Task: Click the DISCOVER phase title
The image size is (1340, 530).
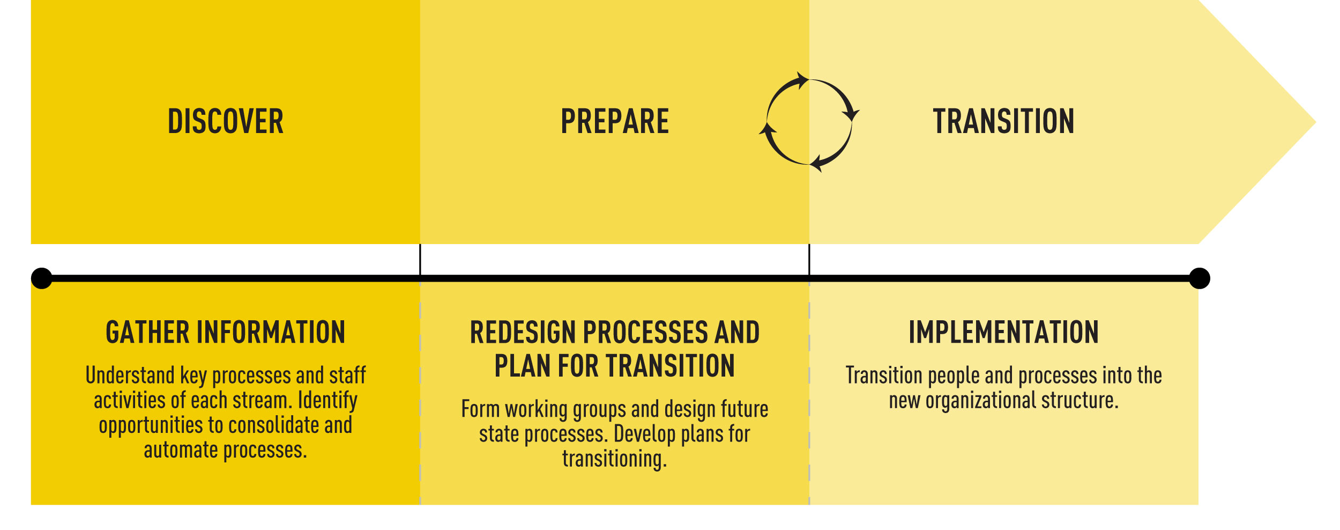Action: coord(226,121)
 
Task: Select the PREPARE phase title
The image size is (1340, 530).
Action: coord(615,121)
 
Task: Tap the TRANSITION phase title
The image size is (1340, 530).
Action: coord(1003,121)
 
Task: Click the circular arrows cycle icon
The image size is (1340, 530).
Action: coord(809,122)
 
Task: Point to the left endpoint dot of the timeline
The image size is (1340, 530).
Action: coord(42,278)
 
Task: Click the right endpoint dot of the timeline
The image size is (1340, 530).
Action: coord(1200,278)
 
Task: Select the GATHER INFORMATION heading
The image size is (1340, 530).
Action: coord(226,332)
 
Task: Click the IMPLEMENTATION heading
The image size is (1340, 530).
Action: coord(1004,332)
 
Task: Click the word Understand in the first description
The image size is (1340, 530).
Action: coord(130,375)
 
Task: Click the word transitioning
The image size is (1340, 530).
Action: coord(615,459)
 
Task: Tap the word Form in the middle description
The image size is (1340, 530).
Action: coord(480,409)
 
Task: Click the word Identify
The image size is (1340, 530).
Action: coord(327,401)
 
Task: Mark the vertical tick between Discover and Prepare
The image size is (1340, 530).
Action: coord(420,260)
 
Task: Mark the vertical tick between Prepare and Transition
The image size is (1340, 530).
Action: coord(809,260)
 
